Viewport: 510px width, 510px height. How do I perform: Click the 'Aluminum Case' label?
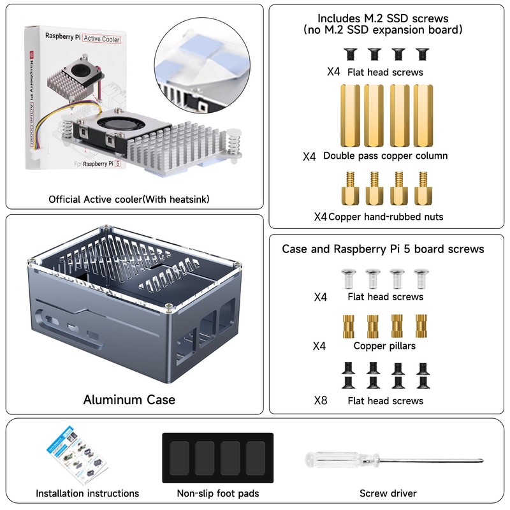pos(129,400)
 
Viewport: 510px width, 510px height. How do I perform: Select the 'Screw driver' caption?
pos(388,493)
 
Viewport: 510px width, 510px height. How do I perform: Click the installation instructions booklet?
pos(75,458)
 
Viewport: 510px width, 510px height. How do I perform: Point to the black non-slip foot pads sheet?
pos(217,457)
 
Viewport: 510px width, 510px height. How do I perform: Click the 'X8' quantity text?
pos(321,400)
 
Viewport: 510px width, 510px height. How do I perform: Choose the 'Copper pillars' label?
pos(384,346)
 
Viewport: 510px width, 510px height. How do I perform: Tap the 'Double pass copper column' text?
pos(385,156)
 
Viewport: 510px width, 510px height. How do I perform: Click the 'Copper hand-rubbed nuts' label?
pos(386,217)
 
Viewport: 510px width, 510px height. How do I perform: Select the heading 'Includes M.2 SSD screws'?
pos(382,18)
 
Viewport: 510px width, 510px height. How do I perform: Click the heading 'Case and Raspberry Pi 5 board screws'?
pos(383,249)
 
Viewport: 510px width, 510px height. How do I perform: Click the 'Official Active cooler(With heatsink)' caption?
pos(129,200)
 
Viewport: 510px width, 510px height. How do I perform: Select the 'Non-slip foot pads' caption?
pos(218,493)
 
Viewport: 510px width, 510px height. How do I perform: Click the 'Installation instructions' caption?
pos(87,493)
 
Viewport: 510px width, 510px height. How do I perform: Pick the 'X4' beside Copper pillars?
pos(320,346)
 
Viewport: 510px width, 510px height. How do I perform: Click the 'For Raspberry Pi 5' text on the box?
pos(97,163)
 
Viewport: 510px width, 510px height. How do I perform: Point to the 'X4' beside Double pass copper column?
pos(309,156)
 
